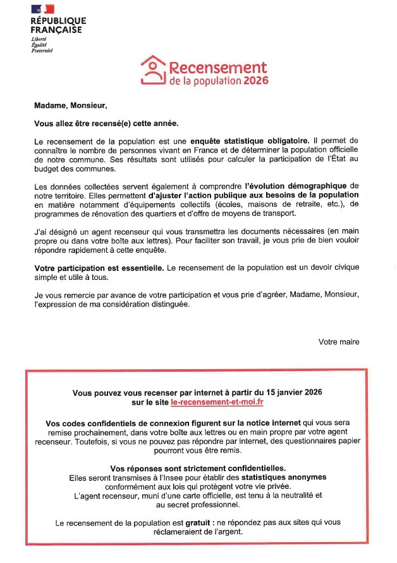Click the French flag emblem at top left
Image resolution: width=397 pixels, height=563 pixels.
(x=42, y=9)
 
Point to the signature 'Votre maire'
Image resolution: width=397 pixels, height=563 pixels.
(x=339, y=341)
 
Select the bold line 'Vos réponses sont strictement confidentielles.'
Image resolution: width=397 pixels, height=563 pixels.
(x=197, y=467)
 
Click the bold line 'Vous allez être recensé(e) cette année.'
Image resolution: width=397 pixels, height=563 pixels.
(x=106, y=122)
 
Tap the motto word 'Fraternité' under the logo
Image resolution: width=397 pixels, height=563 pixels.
(x=42, y=50)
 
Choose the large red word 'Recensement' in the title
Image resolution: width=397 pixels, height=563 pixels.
(x=218, y=67)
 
